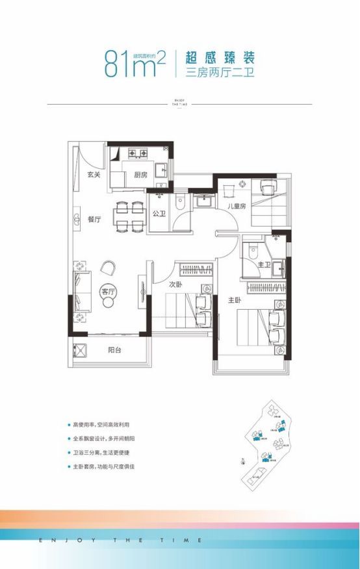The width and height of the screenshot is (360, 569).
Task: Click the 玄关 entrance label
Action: [x=94, y=174]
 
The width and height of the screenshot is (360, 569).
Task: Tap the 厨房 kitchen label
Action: [x=140, y=175]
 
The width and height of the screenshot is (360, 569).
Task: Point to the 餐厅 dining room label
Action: [x=94, y=220]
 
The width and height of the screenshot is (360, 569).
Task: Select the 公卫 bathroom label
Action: [x=159, y=213]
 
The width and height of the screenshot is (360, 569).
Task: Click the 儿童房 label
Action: [x=235, y=207]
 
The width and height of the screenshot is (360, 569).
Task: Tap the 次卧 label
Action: [x=175, y=284]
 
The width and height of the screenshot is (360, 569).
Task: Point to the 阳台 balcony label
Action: [x=115, y=349]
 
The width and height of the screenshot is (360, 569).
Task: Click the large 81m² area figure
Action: [x=135, y=64]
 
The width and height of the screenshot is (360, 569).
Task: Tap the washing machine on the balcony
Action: [x=81, y=350]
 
